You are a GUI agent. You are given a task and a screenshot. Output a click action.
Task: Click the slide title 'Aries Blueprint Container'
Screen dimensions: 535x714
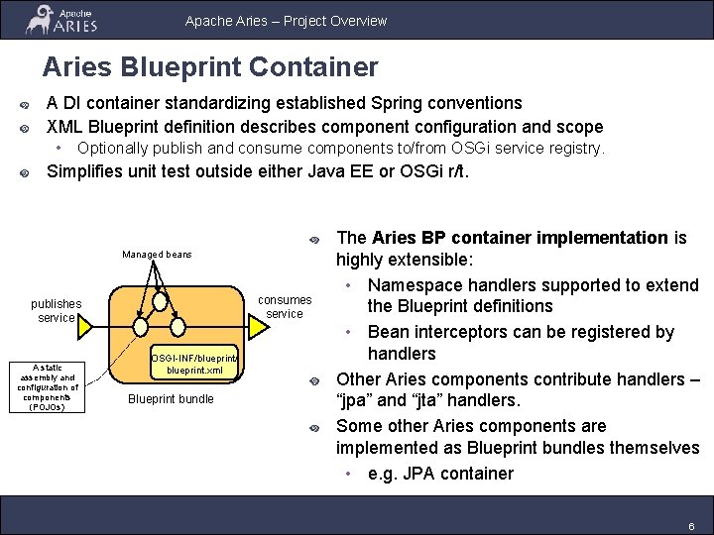pos(209,67)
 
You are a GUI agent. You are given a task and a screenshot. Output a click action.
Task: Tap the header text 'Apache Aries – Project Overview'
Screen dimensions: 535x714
pos(286,21)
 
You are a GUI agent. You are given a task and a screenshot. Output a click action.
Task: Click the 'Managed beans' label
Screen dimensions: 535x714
pos(157,255)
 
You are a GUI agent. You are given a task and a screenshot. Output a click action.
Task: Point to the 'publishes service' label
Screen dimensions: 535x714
pos(57,310)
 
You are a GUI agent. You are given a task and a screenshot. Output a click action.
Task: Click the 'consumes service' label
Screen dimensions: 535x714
pos(285,306)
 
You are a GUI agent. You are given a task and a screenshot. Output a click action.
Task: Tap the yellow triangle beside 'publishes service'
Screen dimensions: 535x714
pos(85,326)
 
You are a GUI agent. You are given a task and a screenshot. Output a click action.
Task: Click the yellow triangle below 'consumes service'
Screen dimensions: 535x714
pos(253,328)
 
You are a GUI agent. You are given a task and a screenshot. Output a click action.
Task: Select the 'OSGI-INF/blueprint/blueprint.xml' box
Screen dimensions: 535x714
pos(194,364)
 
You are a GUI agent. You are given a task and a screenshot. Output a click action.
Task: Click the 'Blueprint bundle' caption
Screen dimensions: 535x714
pos(171,399)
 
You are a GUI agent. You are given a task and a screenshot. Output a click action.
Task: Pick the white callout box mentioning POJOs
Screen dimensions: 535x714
pos(48,385)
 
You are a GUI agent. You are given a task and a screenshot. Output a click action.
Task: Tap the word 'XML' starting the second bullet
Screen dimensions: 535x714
pos(65,127)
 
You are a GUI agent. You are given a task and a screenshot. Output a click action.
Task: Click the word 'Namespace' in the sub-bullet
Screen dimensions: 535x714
pos(416,285)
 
